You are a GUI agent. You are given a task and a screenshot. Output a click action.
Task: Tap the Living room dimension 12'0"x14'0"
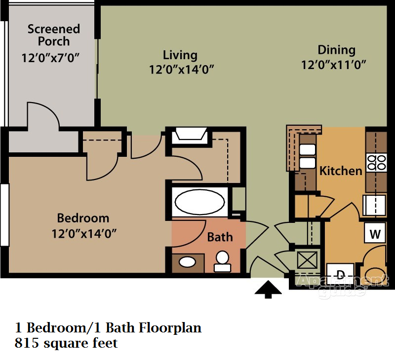[x=181, y=70]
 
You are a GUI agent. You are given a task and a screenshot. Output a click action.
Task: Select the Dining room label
[x=336, y=50]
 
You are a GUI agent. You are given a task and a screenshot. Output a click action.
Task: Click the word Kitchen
[x=341, y=171]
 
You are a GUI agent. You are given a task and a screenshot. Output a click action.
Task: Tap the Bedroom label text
[x=83, y=217]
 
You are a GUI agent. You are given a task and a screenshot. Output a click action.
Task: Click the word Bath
[x=220, y=237]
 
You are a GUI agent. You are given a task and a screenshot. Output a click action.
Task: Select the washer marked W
[x=375, y=233]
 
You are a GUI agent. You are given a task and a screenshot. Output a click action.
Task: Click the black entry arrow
[x=268, y=289]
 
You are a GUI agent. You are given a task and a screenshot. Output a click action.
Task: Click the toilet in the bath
[x=222, y=261]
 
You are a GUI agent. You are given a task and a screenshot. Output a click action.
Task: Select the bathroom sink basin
[x=187, y=261]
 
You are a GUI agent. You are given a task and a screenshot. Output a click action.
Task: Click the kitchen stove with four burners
[x=377, y=162]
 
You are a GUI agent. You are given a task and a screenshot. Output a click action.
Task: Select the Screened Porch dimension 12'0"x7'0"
[x=51, y=58]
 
